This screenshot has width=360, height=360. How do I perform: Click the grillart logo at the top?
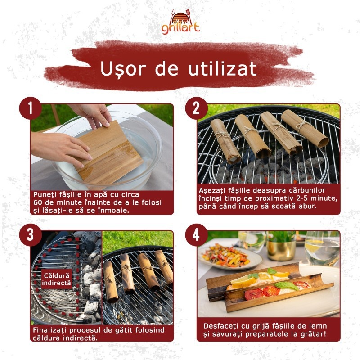click(x=180, y=22)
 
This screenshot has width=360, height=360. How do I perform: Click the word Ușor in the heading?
click(x=123, y=69)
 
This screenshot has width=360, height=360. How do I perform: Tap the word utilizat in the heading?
click(x=222, y=68)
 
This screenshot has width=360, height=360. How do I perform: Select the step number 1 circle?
click(x=30, y=108)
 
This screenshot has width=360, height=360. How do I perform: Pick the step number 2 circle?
click(x=196, y=108)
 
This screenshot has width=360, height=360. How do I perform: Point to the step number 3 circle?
click(x=30, y=234)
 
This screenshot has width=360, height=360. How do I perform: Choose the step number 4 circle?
click(x=196, y=234)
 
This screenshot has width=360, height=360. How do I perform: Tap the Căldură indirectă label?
click(x=56, y=279)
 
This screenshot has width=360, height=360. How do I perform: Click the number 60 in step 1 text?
click(x=37, y=202)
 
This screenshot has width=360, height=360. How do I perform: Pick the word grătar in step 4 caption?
click(x=314, y=334)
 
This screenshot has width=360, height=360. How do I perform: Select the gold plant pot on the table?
click(x=282, y=250)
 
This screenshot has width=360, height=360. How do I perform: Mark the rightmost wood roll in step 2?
click(x=304, y=128)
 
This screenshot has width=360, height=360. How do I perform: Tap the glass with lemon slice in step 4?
click(x=322, y=248)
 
